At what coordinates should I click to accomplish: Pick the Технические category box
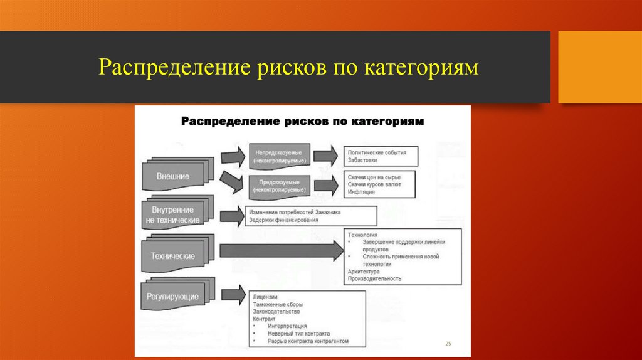pyautogui.click(x=172, y=256)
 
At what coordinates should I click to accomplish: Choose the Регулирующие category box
pyautogui.click(x=172, y=295)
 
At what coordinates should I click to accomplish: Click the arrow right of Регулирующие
pyautogui.click(x=232, y=294)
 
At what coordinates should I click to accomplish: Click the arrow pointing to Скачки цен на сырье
pyautogui.click(x=325, y=185)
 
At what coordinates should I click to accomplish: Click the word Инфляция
pyautogui.click(x=362, y=193)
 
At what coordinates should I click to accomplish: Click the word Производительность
pyautogui.click(x=375, y=279)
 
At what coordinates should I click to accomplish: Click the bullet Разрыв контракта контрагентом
pyautogui.click(x=308, y=341)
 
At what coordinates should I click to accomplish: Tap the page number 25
pyautogui.click(x=448, y=344)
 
